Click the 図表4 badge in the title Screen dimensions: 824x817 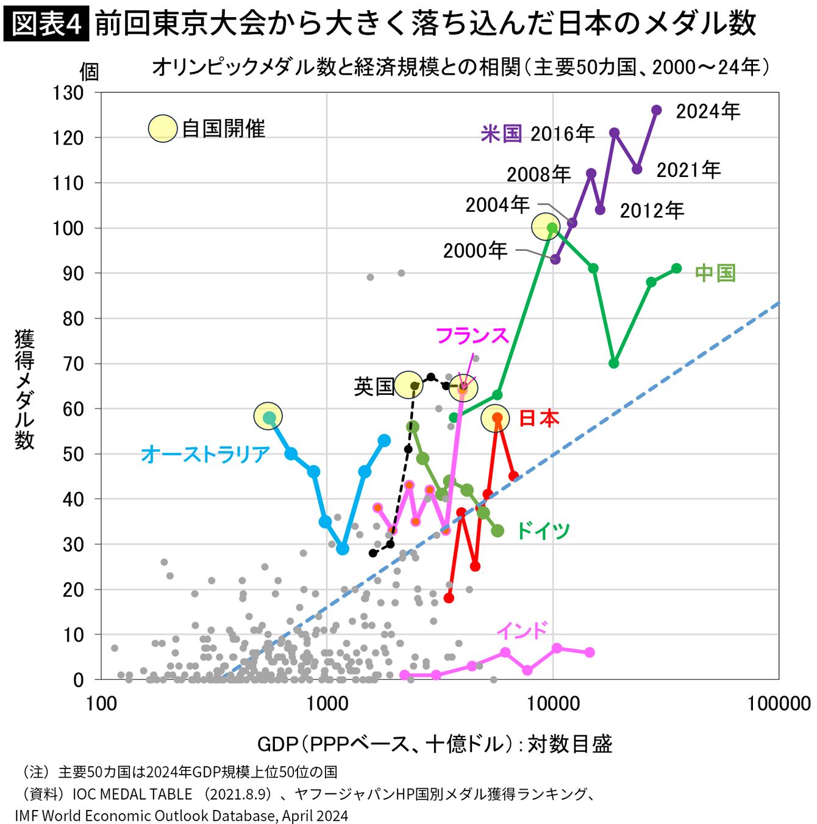46,23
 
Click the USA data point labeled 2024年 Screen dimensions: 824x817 656,110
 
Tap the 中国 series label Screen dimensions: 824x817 715,273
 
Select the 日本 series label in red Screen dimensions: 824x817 538,418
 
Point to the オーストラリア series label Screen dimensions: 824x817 205,454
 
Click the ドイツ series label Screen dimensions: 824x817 543,530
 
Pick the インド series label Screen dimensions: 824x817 522,630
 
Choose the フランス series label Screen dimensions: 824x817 472,335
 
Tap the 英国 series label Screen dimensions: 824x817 374,386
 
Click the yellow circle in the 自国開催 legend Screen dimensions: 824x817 163,129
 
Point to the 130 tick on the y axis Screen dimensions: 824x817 68,93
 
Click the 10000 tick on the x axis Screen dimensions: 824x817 552,703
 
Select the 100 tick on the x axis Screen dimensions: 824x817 101,703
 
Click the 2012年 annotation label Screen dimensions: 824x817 652,211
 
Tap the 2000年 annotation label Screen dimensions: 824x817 475,250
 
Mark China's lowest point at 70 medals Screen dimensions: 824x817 613,363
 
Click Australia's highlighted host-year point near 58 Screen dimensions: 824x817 268,417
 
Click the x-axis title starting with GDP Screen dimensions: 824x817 434,744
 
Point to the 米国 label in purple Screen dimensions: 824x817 501,133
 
